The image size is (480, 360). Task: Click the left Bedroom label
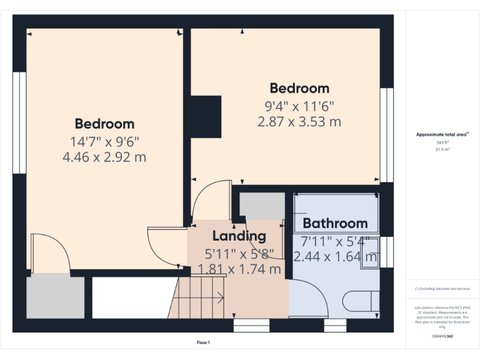(x=104, y=124)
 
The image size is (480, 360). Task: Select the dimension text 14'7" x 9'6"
(x=104, y=141)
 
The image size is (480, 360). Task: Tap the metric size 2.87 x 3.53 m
(x=299, y=121)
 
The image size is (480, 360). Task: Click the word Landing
(x=239, y=236)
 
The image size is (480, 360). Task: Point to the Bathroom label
(x=335, y=223)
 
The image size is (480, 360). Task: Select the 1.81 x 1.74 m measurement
(x=239, y=269)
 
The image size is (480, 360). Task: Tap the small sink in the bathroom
(x=369, y=256)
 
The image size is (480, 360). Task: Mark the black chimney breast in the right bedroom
(x=206, y=116)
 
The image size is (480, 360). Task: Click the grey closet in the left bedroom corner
(x=55, y=297)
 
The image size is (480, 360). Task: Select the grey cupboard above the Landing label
(x=262, y=206)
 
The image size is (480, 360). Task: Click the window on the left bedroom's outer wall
(x=20, y=122)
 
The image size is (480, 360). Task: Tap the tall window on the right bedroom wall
(x=387, y=134)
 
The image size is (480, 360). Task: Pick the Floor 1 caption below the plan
(x=203, y=342)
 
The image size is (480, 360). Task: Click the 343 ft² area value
(x=442, y=142)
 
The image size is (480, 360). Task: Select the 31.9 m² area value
(x=442, y=149)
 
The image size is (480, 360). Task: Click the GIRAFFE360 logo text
(x=442, y=336)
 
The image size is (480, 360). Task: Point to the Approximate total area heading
(x=442, y=134)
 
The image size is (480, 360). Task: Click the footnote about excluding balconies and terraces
(x=442, y=289)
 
